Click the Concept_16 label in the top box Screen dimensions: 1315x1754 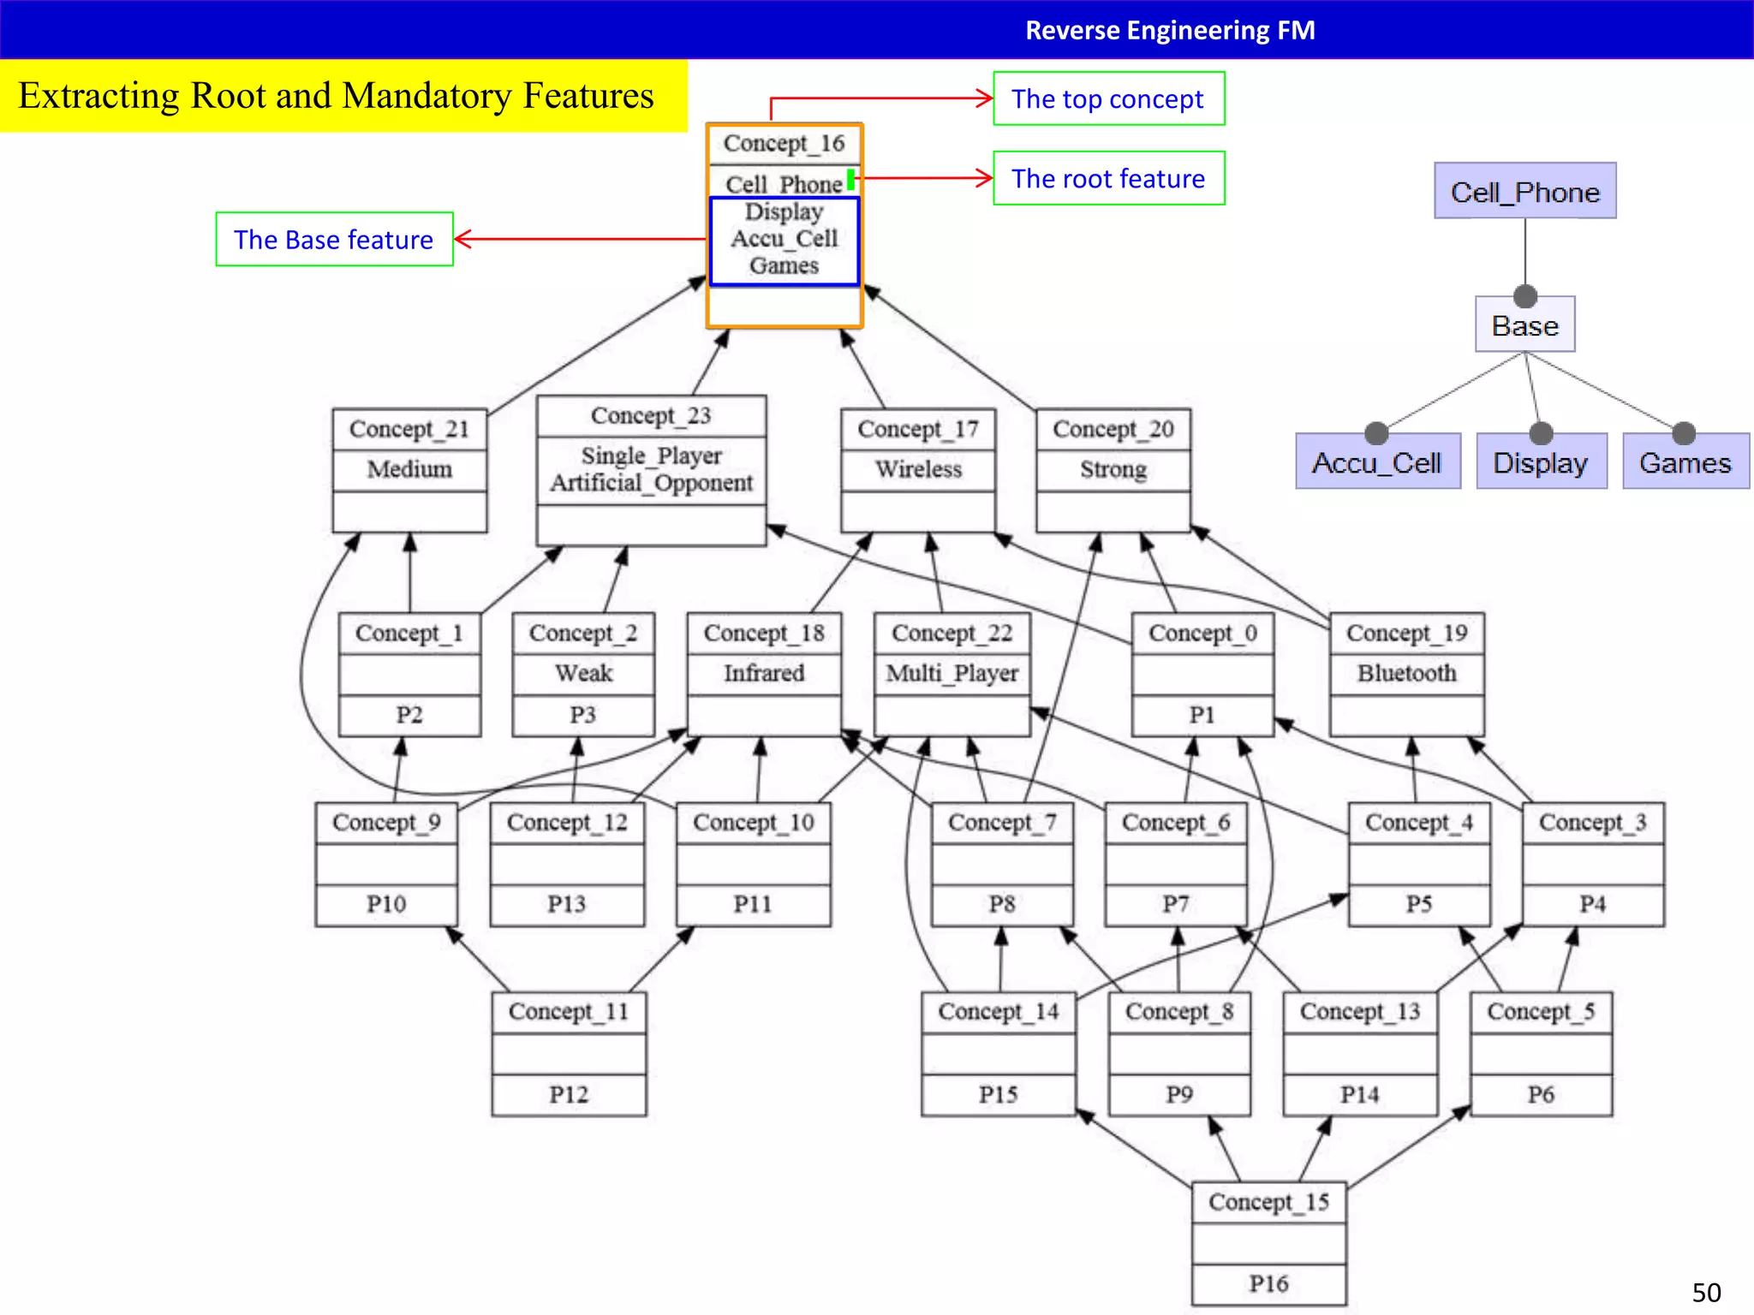tap(784, 143)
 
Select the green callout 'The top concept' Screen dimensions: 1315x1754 tap(1108, 99)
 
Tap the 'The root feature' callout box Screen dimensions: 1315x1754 tap(1108, 179)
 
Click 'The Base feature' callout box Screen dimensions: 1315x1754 tap(334, 240)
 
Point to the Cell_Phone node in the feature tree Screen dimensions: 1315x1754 tap(1524, 192)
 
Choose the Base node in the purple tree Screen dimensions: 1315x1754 tap(1524, 326)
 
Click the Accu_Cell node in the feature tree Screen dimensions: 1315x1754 tap(1377, 463)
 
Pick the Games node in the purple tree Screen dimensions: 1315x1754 tap(1685, 463)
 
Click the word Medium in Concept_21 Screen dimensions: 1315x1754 tap(409, 469)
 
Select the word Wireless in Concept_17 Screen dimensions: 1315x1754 tap(918, 469)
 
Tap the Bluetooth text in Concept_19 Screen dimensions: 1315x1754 tap(1406, 673)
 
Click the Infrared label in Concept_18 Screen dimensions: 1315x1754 tap(764, 673)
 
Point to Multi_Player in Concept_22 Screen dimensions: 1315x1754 tap(952, 673)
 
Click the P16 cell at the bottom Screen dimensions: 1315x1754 tap(1268, 1283)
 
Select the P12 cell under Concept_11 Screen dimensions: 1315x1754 tap(569, 1094)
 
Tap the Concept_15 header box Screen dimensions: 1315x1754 tap(1268, 1202)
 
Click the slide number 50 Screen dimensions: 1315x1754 tap(1706, 1293)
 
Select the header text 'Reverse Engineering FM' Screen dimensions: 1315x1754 tap(1170, 31)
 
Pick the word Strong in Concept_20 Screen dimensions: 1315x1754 tap(1113, 469)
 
